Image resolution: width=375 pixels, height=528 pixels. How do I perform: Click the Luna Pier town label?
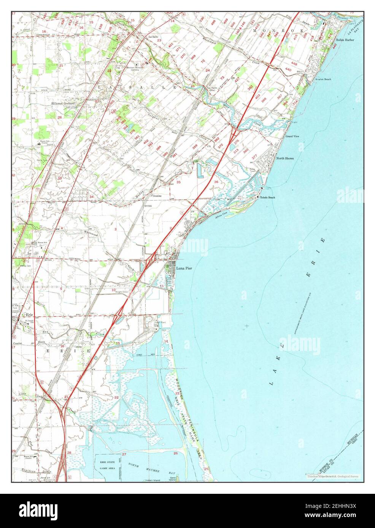point(184,269)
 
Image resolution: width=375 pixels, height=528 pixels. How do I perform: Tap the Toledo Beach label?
point(267,198)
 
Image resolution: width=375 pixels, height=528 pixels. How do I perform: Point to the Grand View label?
point(292,136)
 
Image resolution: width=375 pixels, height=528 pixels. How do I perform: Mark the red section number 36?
point(216,182)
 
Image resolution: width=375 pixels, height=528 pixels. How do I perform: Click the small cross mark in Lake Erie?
point(248,326)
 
